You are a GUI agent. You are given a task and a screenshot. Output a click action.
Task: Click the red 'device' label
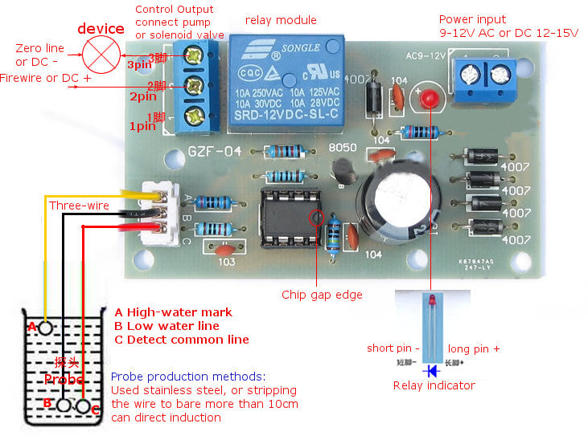tap(101, 29)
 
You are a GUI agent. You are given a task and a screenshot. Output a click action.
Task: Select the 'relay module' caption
tap(281, 20)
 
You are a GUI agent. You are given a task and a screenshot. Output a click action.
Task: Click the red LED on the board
tap(427, 100)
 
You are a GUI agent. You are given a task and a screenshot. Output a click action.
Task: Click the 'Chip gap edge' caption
tap(322, 295)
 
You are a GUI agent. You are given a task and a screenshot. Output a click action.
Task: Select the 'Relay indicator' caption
tap(434, 385)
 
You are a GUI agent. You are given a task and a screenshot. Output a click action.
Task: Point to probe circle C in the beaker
tap(84, 406)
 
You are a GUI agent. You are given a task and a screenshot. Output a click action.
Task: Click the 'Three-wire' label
tap(79, 206)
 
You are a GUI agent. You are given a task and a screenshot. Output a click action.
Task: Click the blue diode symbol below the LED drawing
tap(433, 370)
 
